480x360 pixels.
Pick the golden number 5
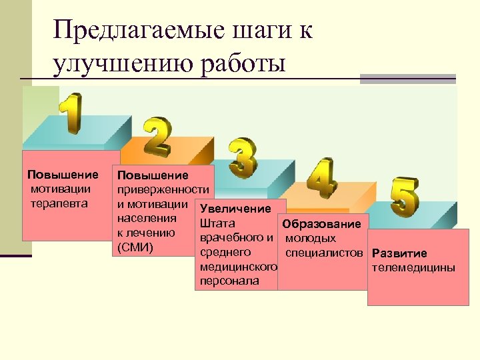pos(405,197)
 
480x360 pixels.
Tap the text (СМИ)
pos(135,248)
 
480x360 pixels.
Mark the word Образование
pos(321,224)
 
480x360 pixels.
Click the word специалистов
pos(324,253)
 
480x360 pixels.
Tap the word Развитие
pos(399,253)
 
